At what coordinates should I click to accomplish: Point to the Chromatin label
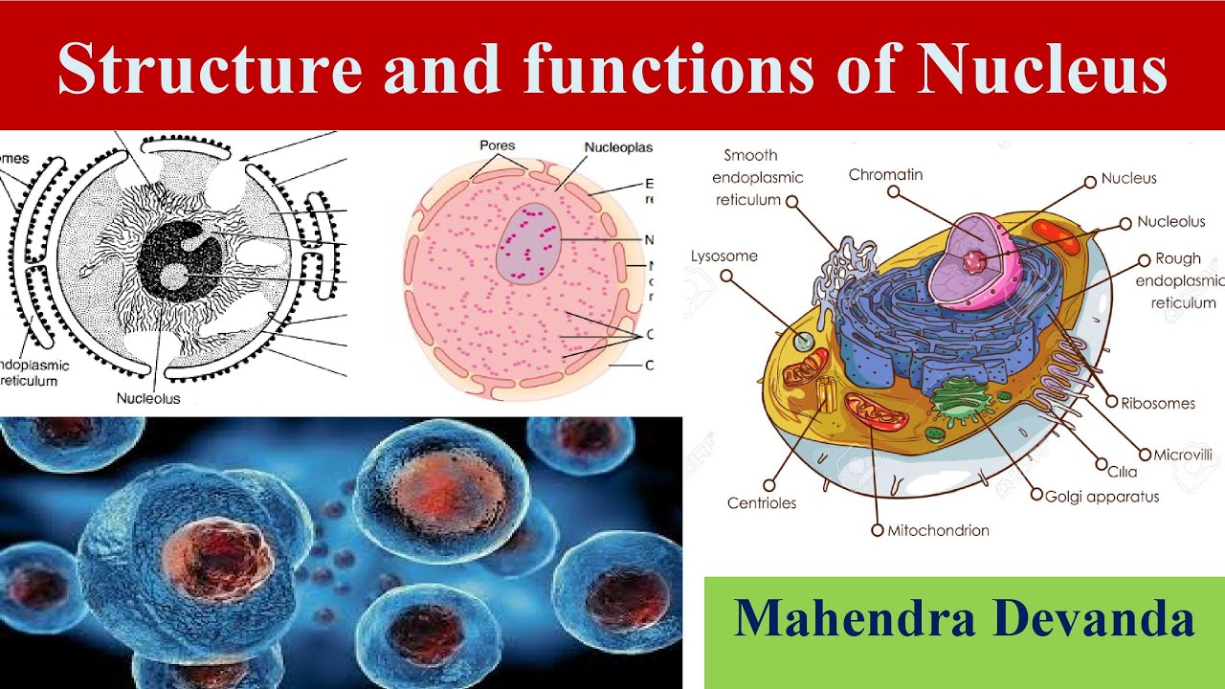pyautogui.click(x=885, y=175)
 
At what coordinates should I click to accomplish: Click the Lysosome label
pyautogui.click(x=724, y=256)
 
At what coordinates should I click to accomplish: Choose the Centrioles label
pyautogui.click(x=761, y=503)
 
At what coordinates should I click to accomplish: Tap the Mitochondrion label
pyautogui.click(x=938, y=530)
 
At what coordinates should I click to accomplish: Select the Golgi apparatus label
pyautogui.click(x=1101, y=497)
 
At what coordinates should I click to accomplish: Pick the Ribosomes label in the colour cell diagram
pyautogui.click(x=1158, y=403)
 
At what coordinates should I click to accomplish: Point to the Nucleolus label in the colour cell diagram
pyautogui.click(x=1170, y=222)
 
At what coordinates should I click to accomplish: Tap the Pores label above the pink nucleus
pyautogui.click(x=497, y=145)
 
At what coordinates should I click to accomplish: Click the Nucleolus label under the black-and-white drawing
pyautogui.click(x=148, y=398)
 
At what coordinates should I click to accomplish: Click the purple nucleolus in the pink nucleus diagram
pyautogui.click(x=527, y=243)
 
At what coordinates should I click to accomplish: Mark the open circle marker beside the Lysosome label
pyautogui.click(x=726, y=277)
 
